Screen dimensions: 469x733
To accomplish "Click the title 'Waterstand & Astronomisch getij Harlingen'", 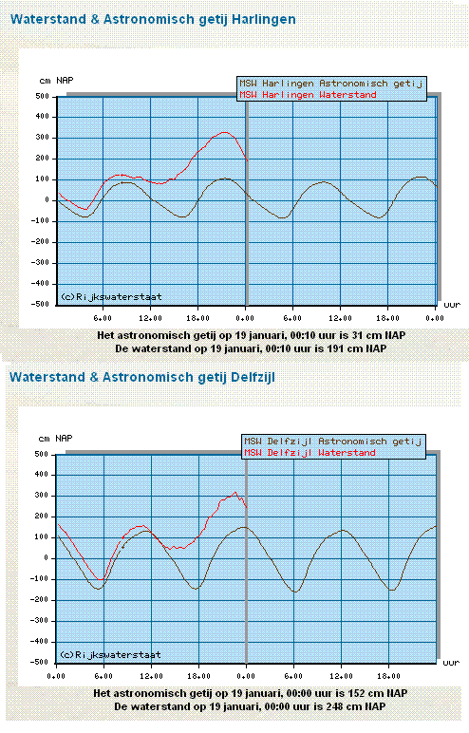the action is pos(153,20).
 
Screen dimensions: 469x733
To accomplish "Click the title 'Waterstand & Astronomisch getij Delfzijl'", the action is pos(142,377).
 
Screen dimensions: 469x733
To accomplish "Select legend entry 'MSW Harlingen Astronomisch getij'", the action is pos(331,84).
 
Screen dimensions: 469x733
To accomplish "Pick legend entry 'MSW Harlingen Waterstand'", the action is pos(308,95).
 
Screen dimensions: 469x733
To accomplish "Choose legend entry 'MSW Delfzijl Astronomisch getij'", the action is pos(333,442).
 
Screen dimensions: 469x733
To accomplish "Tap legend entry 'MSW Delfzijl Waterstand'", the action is pos(310,453).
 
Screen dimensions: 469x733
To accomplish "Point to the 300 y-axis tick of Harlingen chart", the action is pos(42,138).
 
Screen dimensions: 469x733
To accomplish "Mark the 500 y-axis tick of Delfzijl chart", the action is pos(41,454).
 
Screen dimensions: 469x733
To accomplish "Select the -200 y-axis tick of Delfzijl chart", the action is pos(39,600).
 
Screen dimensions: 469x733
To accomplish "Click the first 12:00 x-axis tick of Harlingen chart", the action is pos(150,318).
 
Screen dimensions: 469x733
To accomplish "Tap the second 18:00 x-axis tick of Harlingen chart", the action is pos(387,318).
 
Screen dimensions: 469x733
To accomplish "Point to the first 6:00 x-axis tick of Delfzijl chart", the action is pos(103,676).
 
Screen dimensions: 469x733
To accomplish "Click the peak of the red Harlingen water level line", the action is pos(225,132).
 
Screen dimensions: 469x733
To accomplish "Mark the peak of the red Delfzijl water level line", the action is pos(235,492).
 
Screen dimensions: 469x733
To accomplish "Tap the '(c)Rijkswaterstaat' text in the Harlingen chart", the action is pos(111,297).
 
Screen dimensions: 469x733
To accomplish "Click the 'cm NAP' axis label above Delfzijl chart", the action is pos(55,439).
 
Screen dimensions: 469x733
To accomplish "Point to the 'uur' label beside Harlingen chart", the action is pos(452,305).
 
